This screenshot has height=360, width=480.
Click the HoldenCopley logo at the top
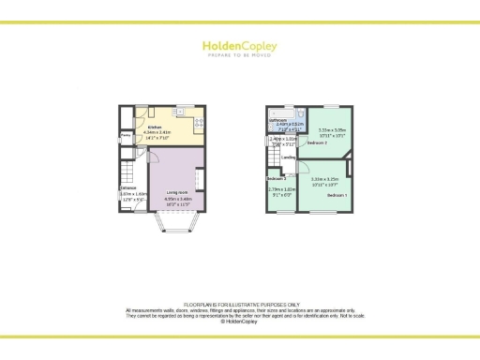point(240,44)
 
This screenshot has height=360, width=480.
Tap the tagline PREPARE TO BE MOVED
point(240,54)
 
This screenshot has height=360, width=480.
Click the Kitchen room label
point(155,127)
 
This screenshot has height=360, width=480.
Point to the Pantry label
point(125,135)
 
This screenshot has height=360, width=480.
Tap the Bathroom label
point(277,120)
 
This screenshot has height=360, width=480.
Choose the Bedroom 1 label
point(335,194)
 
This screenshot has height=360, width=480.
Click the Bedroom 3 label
point(276,178)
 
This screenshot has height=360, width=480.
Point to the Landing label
point(290,157)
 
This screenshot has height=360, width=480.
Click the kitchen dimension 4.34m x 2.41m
point(159,132)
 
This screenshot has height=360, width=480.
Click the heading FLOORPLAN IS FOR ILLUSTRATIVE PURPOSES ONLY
point(240,305)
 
